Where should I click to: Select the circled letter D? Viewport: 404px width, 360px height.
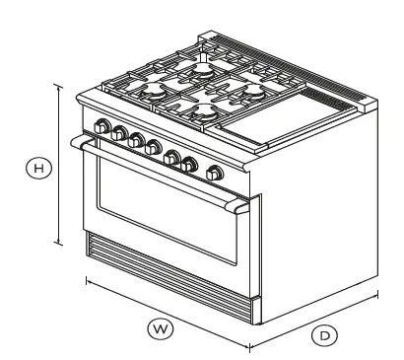322,335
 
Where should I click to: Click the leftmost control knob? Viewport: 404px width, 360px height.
101,125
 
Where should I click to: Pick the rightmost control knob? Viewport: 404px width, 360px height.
213,174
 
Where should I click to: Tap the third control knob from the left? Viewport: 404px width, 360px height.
137,140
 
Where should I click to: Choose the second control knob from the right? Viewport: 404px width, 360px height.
189,164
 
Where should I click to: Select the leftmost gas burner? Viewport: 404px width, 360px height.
157,93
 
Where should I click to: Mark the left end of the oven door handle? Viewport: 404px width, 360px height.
76,143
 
